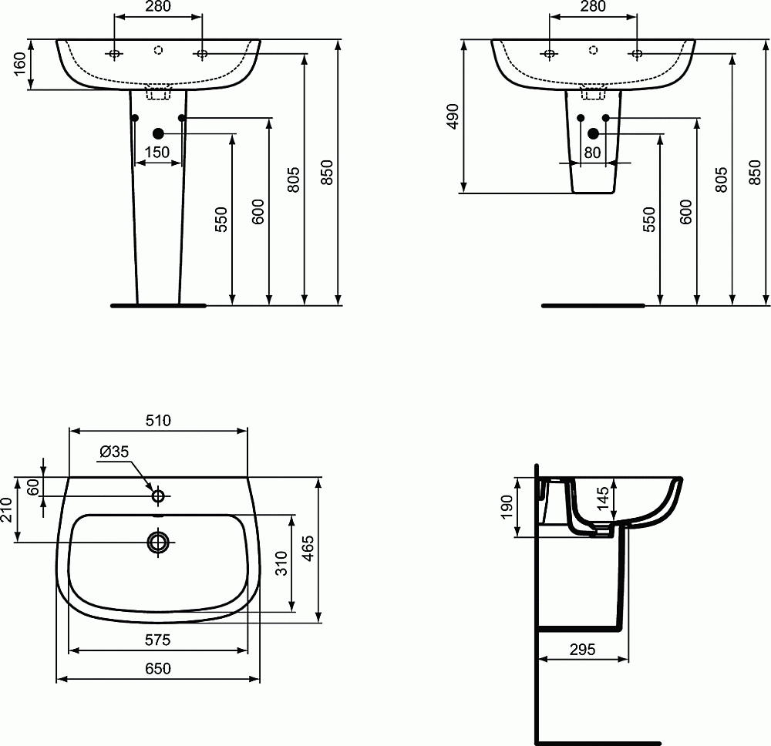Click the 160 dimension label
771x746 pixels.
click(x=21, y=65)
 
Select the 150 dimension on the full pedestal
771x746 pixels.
click(x=157, y=153)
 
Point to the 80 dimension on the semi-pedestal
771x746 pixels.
click(x=592, y=153)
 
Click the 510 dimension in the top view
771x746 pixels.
click(x=158, y=420)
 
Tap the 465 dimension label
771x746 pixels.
click(x=306, y=549)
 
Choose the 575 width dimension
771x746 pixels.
click(x=158, y=640)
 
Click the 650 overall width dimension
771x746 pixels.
click(x=158, y=669)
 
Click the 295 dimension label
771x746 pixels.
click(x=582, y=650)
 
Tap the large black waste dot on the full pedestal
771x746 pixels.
click(x=158, y=133)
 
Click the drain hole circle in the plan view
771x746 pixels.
click(x=158, y=543)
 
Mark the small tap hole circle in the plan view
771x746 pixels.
click(x=158, y=494)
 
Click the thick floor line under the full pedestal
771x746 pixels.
click(x=158, y=305)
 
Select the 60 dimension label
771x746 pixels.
click(x=32, y=487)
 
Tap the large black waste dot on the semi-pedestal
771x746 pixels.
click(x=593, y=133)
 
